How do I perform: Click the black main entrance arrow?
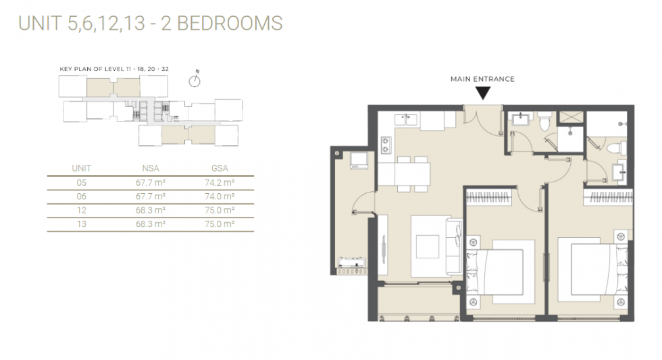[482, 93]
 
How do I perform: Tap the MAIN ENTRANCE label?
[482, 79]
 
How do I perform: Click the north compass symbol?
[195, 79]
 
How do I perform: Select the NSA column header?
[150, 168]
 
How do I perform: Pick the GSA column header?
[220, 168]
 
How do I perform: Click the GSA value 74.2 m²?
[220, 182]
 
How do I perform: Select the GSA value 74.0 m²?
[220, 197]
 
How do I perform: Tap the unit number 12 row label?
[82, 210]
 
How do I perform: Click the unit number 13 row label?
[82, 224]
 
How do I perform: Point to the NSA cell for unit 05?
[150, 182]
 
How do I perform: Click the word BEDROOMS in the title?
[230, 23]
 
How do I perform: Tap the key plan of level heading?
[114, 69]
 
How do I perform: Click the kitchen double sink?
[406, 120]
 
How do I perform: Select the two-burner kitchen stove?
[386, 145]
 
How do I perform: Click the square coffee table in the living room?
[427, 247]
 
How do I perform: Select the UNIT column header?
[82, 168]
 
